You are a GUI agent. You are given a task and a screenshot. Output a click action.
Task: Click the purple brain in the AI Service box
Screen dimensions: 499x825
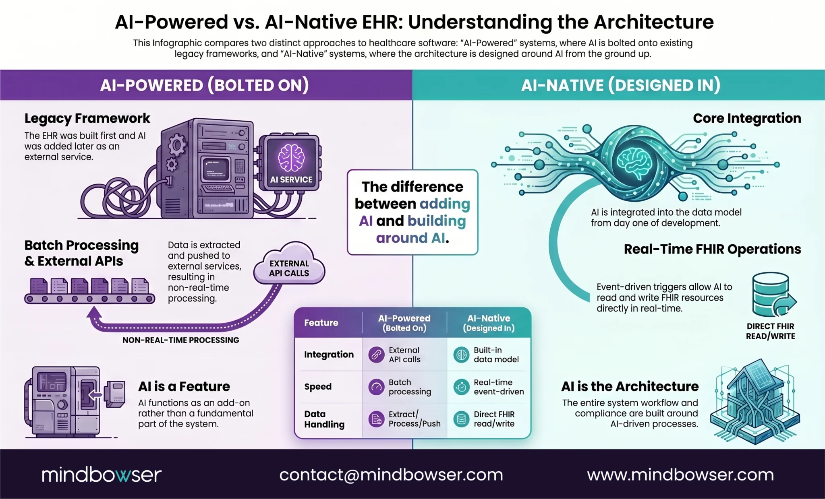(291, 157)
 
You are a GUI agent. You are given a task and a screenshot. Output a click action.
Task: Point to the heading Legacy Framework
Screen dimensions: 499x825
(87, 118)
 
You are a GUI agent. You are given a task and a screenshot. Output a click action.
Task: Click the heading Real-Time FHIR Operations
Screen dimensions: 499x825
(712, 249)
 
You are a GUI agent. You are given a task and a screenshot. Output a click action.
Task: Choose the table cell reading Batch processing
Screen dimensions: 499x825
(409, 387)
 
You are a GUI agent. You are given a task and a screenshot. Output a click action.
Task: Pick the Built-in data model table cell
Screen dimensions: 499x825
(495, 355)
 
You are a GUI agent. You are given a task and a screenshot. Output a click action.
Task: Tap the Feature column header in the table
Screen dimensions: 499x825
(321, 323)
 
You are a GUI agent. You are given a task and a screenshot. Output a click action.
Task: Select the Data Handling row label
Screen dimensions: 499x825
(324, 419)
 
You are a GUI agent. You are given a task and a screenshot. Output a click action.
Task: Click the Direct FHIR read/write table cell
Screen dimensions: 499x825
(494, 419)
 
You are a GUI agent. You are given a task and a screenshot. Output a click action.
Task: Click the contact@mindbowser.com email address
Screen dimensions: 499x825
(391, 475)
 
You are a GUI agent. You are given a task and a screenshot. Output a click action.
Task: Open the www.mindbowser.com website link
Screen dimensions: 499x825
(680, 475)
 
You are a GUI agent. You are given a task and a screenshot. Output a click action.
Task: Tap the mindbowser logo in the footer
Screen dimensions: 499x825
(102, 475)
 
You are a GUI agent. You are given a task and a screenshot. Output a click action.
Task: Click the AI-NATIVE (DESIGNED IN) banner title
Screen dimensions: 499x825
(620, 85)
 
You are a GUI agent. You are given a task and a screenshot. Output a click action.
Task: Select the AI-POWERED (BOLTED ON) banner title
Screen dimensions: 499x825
(204, 85)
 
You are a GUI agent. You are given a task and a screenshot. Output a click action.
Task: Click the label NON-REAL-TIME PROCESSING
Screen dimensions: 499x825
(180, 340)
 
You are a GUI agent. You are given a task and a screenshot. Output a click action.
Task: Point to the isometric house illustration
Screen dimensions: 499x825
(754, 402)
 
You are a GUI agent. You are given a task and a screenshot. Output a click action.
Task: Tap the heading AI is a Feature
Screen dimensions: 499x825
(184, 386)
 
